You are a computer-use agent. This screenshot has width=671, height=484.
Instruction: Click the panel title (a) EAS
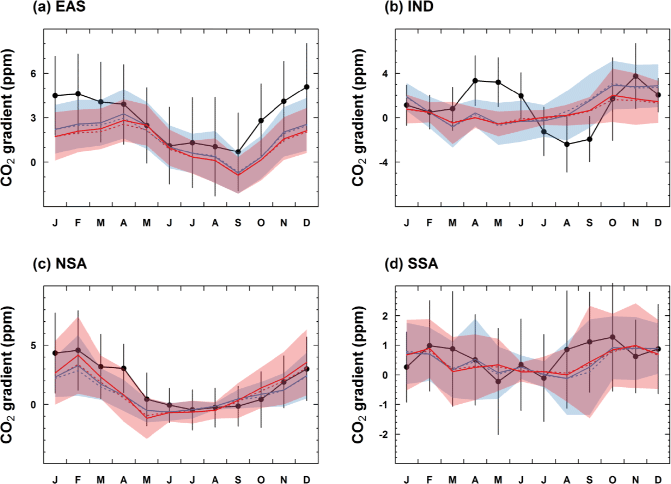(59, 7)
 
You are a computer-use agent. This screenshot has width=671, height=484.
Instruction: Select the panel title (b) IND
(408, 7)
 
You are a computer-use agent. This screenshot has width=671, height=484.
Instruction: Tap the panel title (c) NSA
(60, 264)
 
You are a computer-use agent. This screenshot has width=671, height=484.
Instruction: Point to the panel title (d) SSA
(411, 264)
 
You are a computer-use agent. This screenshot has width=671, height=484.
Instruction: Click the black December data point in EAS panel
(307, 87)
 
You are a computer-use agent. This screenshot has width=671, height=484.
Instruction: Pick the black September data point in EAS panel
(238, 152)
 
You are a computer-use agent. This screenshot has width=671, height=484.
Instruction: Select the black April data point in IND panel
(475, 81)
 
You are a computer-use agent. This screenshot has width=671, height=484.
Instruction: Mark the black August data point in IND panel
(567, 144)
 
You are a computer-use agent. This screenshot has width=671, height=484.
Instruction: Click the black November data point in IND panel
(636, 76)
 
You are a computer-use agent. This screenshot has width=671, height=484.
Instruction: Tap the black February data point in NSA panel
(78, 350)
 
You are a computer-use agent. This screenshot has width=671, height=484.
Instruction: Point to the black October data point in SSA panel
(613, 337)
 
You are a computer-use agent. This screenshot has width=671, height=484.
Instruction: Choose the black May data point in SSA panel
(498, 382)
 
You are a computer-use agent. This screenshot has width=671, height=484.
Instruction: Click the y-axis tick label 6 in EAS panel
(33, 73)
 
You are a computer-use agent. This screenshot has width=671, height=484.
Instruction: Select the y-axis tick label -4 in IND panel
(383, 162)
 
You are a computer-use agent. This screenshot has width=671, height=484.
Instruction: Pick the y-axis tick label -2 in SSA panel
(383, 434)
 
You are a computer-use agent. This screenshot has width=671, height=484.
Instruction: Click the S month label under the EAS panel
(238, 223)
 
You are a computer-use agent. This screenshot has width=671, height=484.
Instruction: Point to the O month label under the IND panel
(613, 223)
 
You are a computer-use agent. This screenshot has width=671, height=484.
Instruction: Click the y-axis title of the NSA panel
(7, 375)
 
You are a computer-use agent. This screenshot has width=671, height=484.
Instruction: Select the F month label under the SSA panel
(429, 480)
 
